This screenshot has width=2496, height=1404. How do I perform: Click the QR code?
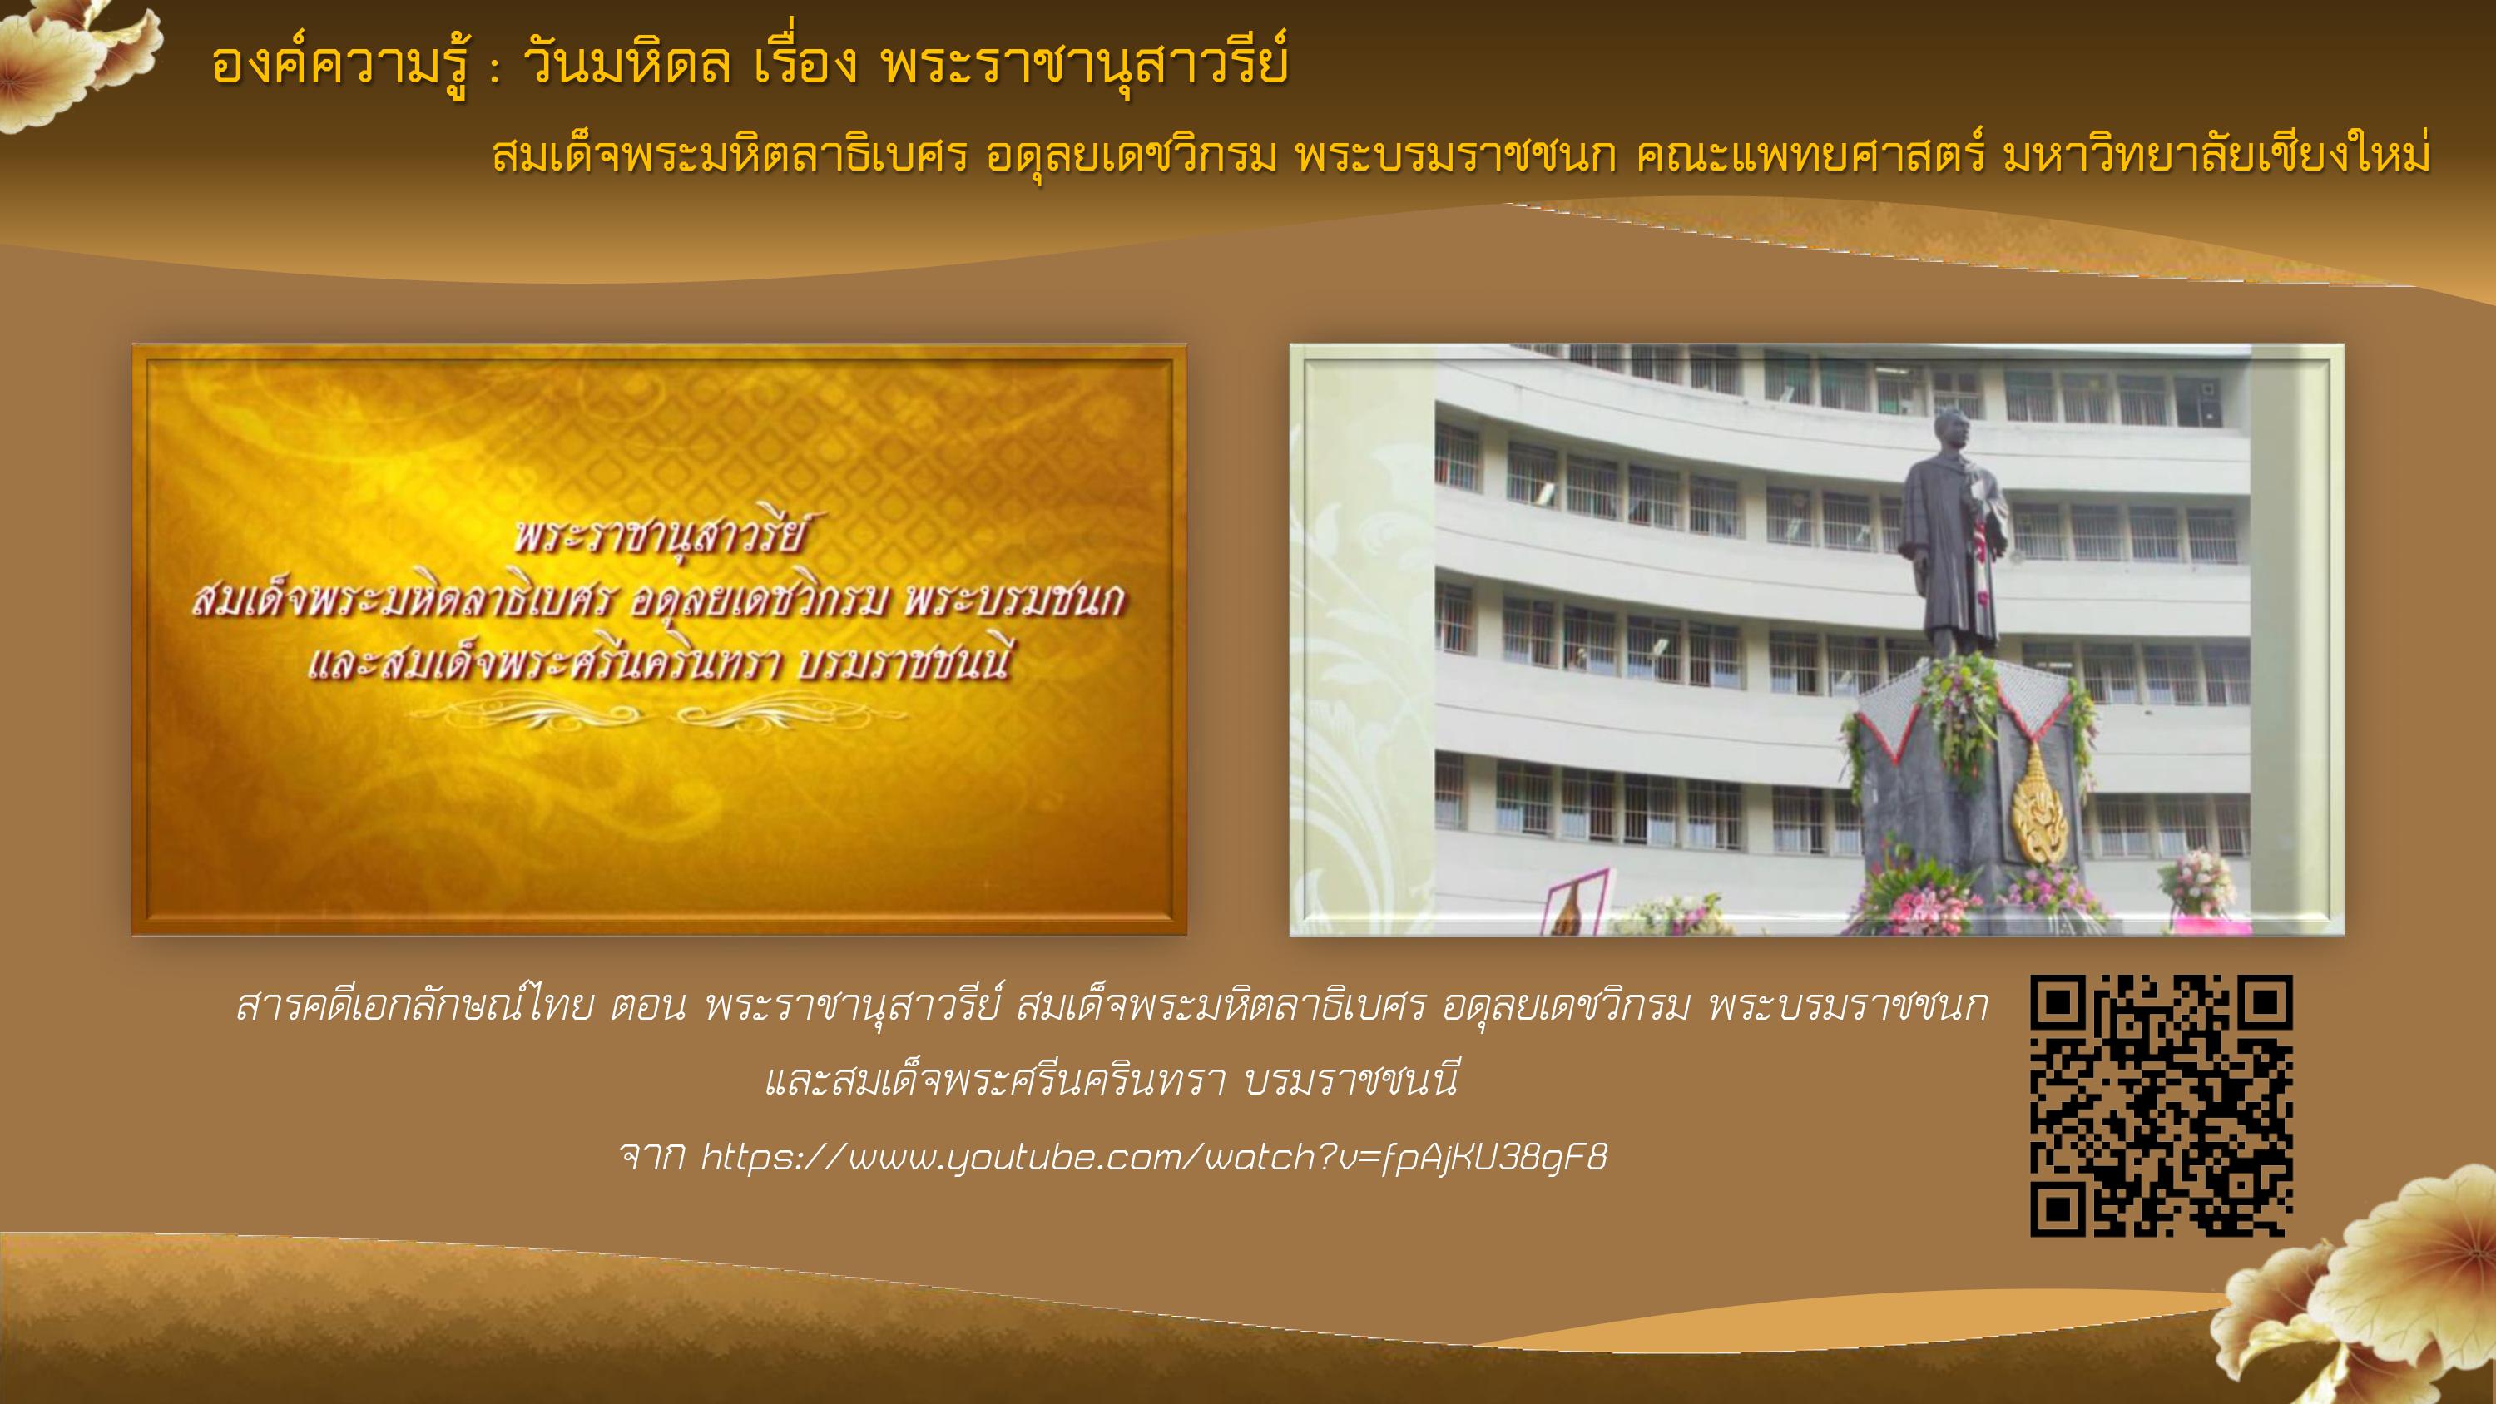[2161, 1105]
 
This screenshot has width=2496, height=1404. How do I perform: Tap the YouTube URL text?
[1153, 1157]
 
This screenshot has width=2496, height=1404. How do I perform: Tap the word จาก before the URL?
[652, 1157]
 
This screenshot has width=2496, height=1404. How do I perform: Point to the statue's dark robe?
[1950, 552]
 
